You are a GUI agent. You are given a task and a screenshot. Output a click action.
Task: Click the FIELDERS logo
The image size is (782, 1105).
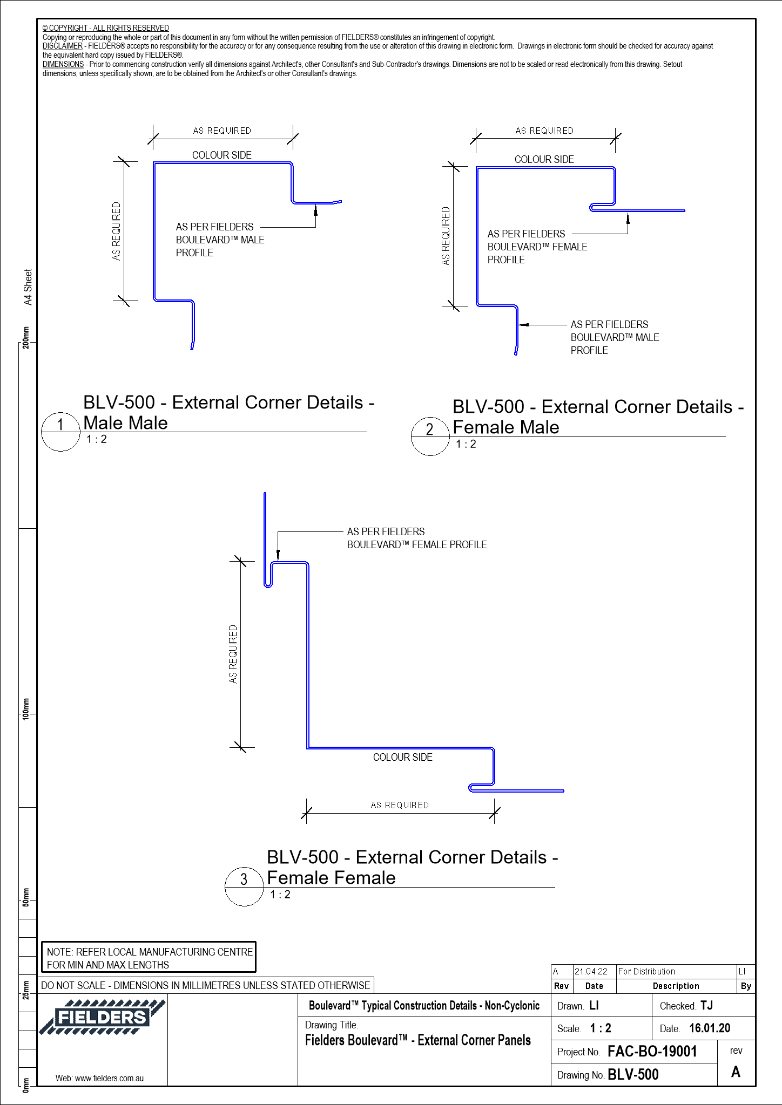pos(102,1017)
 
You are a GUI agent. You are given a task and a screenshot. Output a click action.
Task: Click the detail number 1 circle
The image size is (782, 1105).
pos(60,432)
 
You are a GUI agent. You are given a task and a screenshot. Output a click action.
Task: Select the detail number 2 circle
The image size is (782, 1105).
pos(430,436)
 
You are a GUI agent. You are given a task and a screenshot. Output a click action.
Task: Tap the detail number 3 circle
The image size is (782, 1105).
pos(244,886)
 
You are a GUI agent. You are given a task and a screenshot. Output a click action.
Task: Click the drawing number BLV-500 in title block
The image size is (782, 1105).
pos(633,1075)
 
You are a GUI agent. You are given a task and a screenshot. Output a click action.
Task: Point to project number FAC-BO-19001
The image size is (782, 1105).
pos(652,1052)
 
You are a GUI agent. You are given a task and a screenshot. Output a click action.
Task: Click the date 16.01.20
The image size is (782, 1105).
pos(709,1028)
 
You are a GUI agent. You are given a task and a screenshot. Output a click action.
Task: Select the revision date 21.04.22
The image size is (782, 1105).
pos(591,971)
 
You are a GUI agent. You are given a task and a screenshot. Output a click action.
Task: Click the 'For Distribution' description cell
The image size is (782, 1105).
pos(646,971)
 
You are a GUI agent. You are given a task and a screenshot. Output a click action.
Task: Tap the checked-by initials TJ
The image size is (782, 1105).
pos(706,1006)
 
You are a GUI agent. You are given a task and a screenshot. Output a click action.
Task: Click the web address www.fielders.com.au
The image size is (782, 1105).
pos(99,1079)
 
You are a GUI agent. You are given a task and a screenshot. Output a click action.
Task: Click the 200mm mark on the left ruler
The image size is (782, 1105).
pos(26,338)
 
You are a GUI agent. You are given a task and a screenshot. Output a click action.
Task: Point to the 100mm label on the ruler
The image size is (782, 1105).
pos(26,708)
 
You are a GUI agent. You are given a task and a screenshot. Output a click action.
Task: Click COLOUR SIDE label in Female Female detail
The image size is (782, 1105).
pos(402,758)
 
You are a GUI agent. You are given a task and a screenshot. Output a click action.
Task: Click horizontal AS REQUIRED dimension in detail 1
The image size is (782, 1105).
pos(222,131)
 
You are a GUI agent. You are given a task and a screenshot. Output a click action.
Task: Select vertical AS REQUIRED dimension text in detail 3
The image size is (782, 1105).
pos(233,654)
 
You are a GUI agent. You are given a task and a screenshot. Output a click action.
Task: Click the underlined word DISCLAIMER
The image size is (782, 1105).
pos(63,46)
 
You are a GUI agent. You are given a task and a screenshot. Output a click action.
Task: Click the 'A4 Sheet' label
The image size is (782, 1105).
pos(28,287)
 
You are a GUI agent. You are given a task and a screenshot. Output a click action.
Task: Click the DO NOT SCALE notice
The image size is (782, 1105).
pos(205,985)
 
